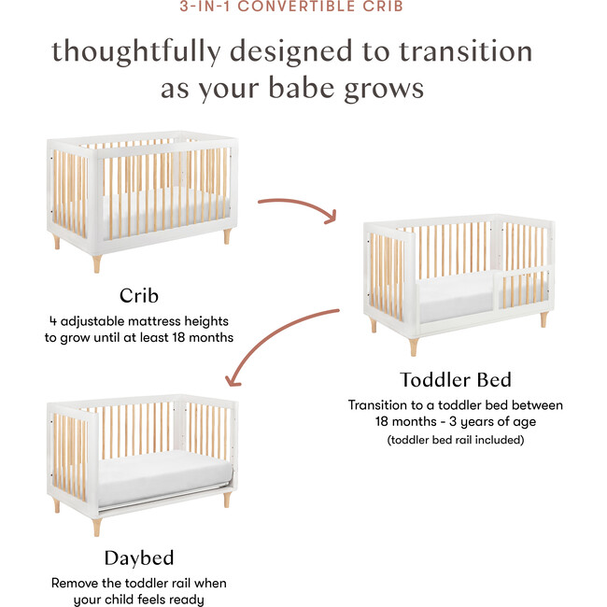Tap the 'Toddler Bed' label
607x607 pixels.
pyautogui.click(x=456, y=380)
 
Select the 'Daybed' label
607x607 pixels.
pyautogui.click(x=138, y=558)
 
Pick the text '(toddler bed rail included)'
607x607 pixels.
pyautogui.click(x=456, y=438)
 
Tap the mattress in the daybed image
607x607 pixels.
pyautogui.click(x=159, y=472)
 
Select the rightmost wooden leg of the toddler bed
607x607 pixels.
pyautogui.click(x=543, y=319)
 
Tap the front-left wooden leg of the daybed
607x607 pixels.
pyautogui.click(x=96, y=526)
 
